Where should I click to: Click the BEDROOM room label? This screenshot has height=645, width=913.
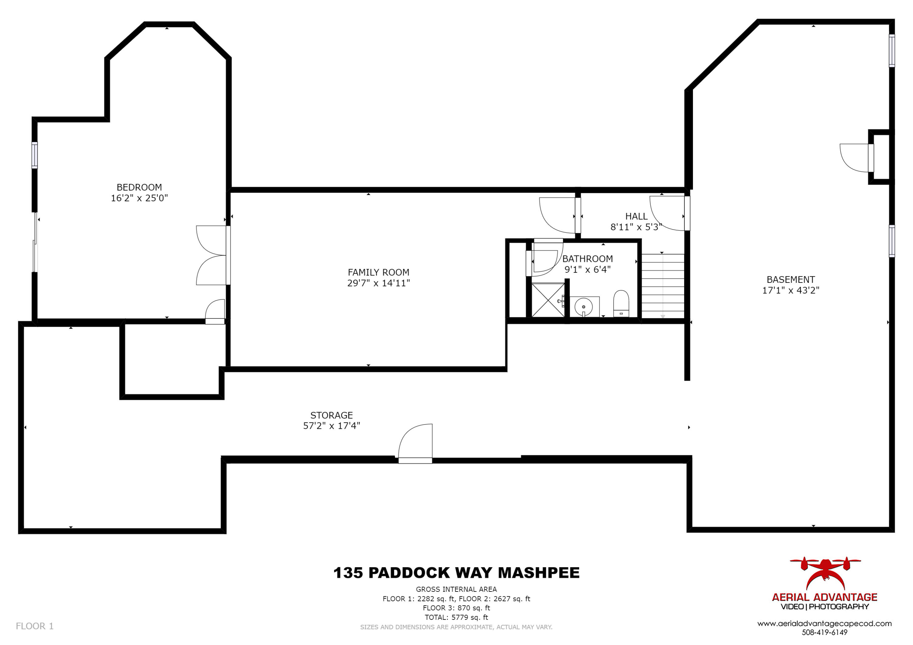tap(139, 187)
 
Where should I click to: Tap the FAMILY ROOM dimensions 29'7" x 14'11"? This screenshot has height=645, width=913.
tap(378, 283)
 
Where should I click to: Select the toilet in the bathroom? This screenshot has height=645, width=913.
tap(621, 303)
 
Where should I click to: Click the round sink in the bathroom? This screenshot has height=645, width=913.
tap(583, 307)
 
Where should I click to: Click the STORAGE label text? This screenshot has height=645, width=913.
tap(331, 415)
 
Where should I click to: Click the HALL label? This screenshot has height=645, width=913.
tap(636, 216)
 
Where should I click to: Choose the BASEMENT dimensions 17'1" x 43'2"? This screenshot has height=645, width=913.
tap(791, 290)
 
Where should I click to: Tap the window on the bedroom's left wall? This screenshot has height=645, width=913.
tap(35, 155)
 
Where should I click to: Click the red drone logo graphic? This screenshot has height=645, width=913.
tap(825, 573)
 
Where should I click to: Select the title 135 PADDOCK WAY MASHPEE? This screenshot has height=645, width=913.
tap(456, 573)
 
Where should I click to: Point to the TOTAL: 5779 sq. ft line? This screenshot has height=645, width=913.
tap(456, 617)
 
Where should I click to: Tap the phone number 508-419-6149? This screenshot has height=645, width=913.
tap(824, 632)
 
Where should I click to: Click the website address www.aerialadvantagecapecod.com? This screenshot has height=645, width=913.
tap(824, 623)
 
